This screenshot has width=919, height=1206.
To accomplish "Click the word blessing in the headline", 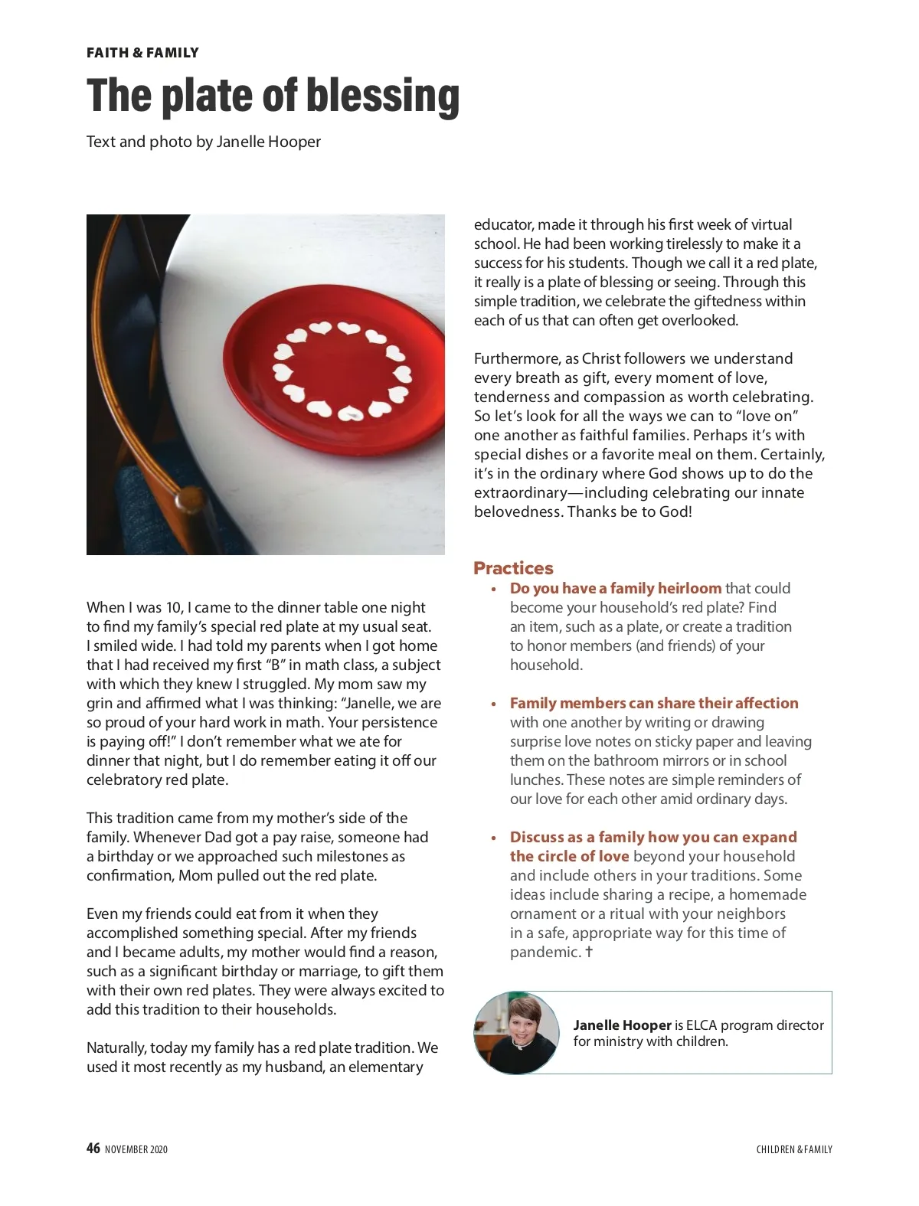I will [382, 96].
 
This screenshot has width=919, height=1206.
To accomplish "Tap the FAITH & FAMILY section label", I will [142, 53].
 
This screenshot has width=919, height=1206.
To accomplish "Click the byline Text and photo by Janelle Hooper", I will [203, 142].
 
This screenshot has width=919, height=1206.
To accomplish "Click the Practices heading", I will [513, 568].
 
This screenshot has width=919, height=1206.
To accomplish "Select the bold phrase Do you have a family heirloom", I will [616, 588].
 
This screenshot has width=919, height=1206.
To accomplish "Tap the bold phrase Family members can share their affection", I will [654, 703].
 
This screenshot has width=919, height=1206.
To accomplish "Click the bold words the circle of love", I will [569, 856].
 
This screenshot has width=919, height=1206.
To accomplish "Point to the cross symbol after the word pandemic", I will [589, 952].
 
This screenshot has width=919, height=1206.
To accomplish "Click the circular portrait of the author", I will [516, 1032].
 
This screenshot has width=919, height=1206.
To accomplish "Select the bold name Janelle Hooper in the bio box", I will [622, 1025].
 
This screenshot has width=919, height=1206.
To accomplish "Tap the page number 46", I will [93, 1148].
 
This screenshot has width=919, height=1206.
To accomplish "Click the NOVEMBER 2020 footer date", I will [136, 1149].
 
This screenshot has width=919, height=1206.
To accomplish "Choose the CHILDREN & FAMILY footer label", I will [793, 1149].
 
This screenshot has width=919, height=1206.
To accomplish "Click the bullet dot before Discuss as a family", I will [494, 838].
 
